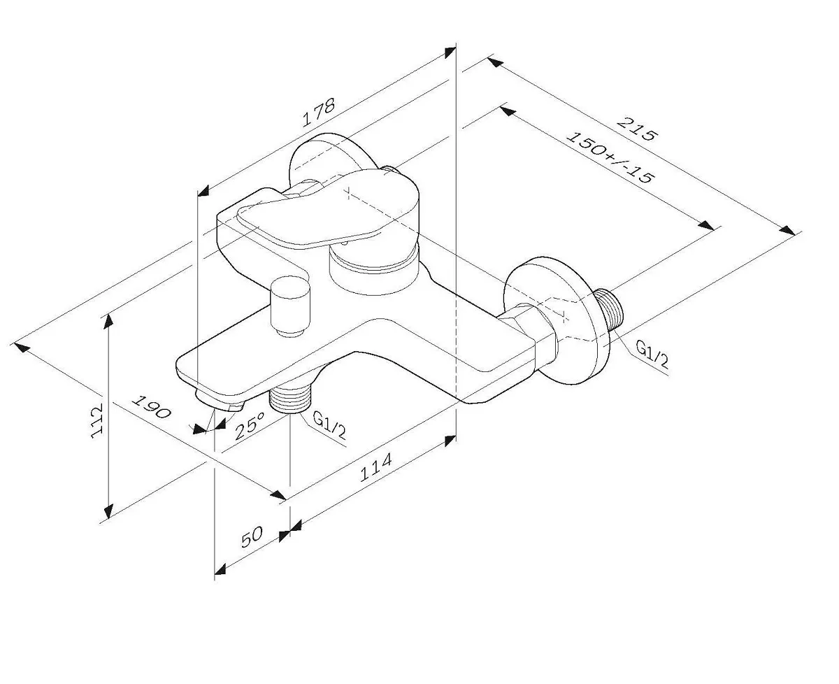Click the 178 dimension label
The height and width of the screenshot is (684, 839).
click(x=319, y=113)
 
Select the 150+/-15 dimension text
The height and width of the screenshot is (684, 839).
click(x=609, y=157)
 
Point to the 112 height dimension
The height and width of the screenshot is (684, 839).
click(x=97, y=420)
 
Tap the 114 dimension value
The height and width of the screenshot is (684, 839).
click(x=376, y=468)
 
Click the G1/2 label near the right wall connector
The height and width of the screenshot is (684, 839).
click(x=652, y=355)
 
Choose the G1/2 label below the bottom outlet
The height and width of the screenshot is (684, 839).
click(x=329, y=425)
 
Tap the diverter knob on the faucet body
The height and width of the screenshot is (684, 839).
click(x=291, y=307)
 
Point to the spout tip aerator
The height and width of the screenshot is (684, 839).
click(x=220, y=403)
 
